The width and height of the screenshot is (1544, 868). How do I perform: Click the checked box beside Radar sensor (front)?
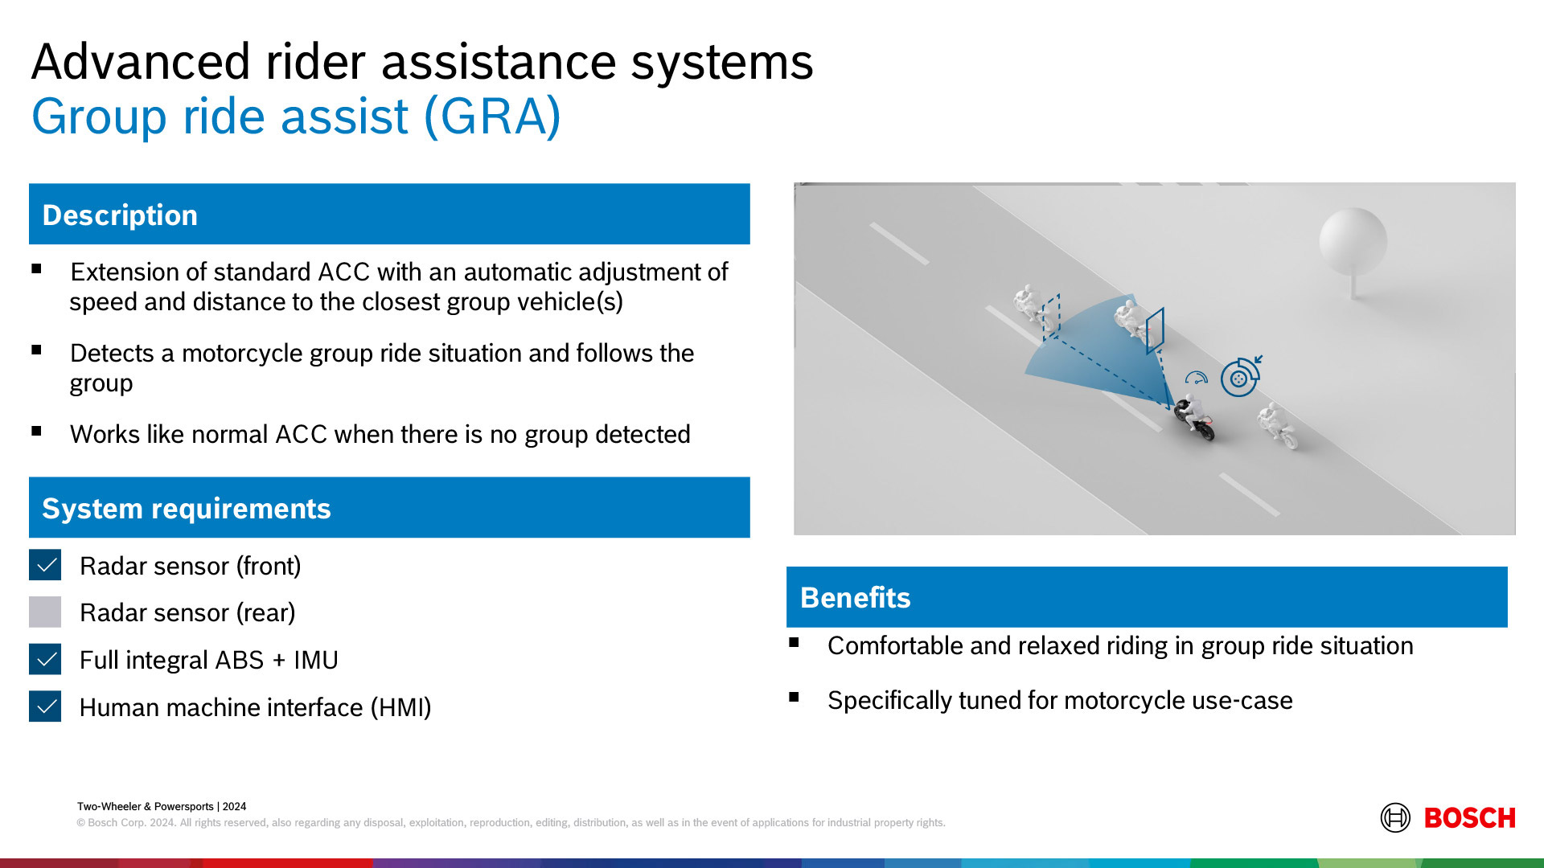click(x=45, y=565)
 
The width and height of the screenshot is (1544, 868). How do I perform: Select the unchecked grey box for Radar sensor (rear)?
click(x=45, y=612)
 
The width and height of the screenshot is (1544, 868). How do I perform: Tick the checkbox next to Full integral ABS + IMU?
click(x=45, y=659)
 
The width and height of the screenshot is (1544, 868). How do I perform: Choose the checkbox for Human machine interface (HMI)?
click(x=45, y=706)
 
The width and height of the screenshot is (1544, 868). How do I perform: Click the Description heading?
click(x=120, y=215)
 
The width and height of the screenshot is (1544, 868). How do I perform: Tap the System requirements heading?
click(x=187, y=508)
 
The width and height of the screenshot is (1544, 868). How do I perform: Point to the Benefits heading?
click(x=855, y=597)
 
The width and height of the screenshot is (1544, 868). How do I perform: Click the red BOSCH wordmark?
click(x=1469, y=818)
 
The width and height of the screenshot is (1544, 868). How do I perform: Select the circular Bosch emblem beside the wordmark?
click(x=1395, y=818)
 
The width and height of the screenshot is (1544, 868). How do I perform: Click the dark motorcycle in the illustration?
click(x=1194, y=416)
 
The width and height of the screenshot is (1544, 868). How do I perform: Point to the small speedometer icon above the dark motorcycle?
click(x=1197, y=378)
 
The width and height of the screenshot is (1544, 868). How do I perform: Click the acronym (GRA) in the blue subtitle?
click(x=492, y=117)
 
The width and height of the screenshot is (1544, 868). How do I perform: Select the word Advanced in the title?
click(x=141, y=62)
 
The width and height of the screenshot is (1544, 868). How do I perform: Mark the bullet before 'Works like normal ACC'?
click(x=36, y=432)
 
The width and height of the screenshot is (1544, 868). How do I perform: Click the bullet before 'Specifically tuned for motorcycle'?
click(x=794, y=697)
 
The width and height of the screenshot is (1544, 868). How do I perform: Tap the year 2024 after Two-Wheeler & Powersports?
click(x=235, y=806)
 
